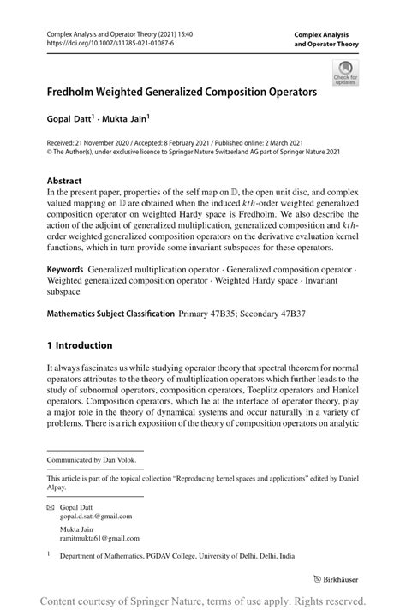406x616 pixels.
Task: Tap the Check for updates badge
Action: point(346,72)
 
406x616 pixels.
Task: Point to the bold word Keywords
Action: point(65,269)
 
